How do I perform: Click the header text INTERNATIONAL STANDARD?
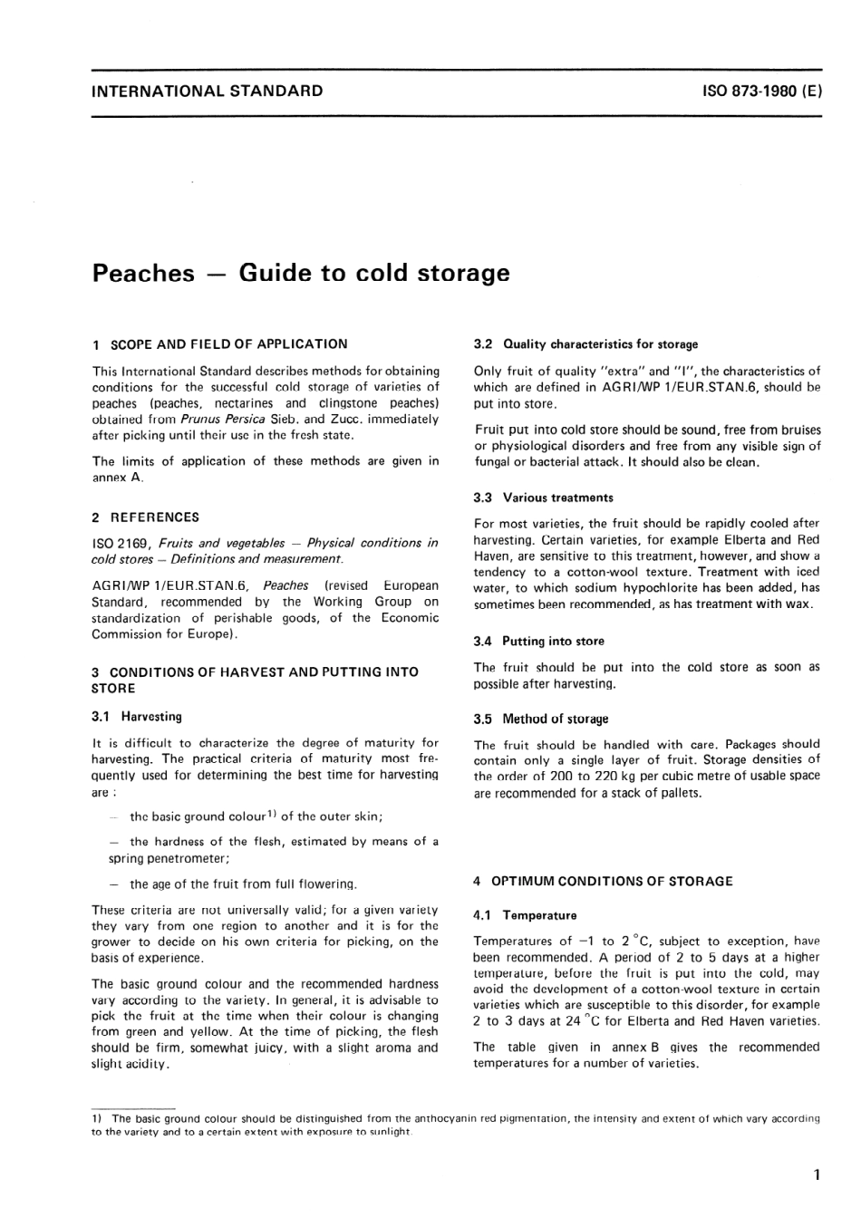coord(208,91)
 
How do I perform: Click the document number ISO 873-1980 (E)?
coord(761,91)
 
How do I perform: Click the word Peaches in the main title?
coord(143,273)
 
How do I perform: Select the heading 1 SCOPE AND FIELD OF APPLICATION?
coord(219,344)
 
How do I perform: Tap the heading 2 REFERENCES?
coord(145,517)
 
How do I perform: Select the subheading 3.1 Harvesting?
coord(137,716)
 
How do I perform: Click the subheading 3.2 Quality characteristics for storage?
coord(585,344)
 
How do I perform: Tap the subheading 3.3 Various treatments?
coord(544,497)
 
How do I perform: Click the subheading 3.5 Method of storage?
coord(541,719)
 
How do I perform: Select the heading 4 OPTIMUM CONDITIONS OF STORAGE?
coord(603,881)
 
